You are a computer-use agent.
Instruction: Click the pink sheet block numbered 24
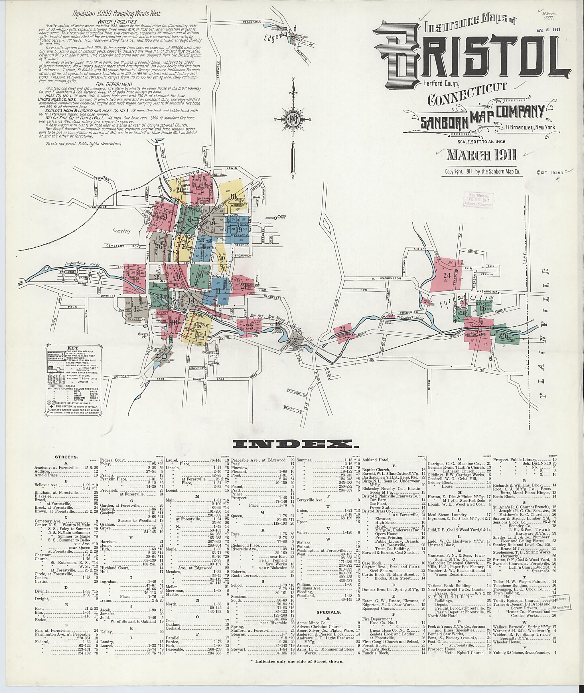(447, 276)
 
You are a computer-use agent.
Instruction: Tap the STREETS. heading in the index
(66, 457)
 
